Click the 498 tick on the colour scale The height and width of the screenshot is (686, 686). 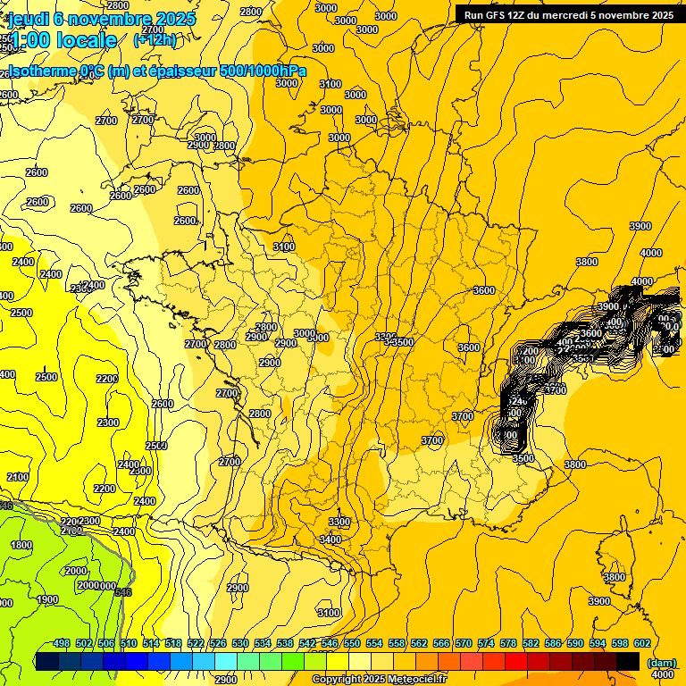click(x=62, y=643)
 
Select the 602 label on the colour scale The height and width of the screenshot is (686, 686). click(x=641, y=643)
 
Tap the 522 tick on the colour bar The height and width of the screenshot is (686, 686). click(x=196, y=643)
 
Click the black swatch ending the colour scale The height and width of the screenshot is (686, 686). click(x=628, y=661)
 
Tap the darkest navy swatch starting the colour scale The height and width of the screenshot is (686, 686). click(x=47, y=661)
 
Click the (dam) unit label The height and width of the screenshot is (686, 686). click(x=661, y=662)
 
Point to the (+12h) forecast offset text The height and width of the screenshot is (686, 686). click(x=155, y=39)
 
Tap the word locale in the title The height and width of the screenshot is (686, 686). click(x=86, y=39)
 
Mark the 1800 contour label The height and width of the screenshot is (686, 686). click(x=21, y=545)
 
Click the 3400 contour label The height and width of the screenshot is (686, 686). click(x=330, y=540)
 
